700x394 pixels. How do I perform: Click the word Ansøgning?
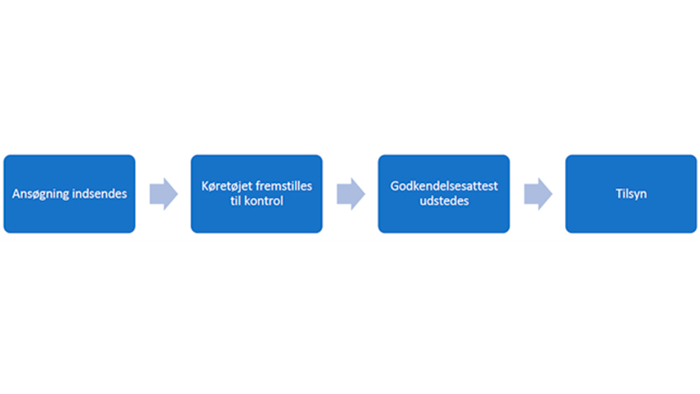[40, 195]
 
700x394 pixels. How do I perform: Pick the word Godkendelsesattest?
[444, 186]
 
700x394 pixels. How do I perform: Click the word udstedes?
[444, 201]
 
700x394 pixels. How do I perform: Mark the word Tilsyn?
[631, 194]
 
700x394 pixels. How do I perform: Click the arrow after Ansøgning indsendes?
[163, 194]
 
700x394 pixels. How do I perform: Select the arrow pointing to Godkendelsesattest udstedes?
[350, 194]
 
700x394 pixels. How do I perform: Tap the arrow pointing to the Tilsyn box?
[538, 194]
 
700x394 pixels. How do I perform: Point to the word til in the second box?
[237, 201]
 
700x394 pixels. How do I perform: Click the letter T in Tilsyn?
[618, 194]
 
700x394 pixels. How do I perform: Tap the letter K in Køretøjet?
[204, 186]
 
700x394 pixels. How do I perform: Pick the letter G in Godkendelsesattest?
[394, 186]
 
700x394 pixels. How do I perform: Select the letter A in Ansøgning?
[16, 195]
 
